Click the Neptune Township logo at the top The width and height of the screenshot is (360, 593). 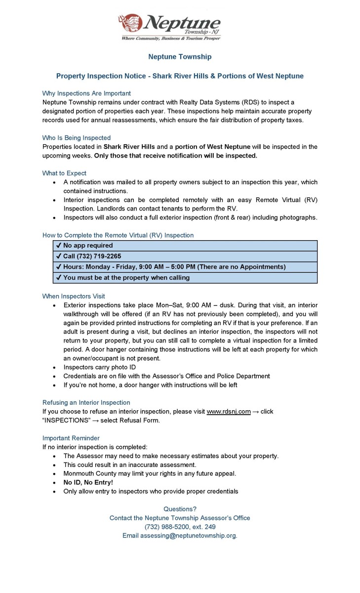(x=169, y=27)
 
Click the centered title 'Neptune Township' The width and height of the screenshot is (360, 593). (x=180, y=57)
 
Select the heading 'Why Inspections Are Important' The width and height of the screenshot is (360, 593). (x=86, y=93)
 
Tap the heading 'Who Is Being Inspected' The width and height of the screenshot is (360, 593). (x=77, y=138)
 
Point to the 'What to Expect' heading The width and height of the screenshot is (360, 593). (x=64, y=173)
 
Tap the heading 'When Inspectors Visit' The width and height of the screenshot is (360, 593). (x=74, y=296)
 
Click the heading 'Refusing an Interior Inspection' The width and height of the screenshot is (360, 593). (x=86, y=403)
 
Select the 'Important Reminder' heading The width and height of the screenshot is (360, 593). (x=71, y=438)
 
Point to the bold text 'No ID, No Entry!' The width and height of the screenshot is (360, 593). (x=88, y=482)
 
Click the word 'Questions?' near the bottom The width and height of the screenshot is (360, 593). (x=180, y=509)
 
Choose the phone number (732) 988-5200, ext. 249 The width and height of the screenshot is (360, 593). (x=180, y=527)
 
